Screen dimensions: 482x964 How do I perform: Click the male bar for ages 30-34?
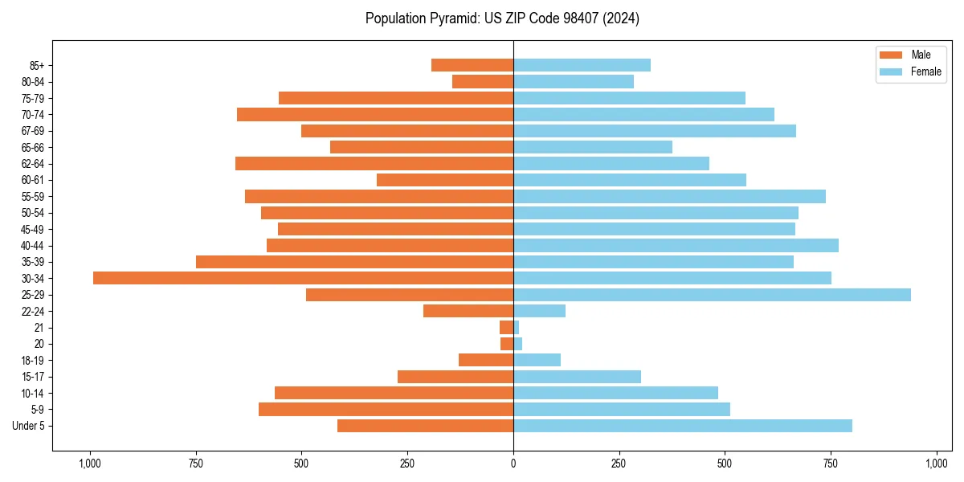pos(303,278)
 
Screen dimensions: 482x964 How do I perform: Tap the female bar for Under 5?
pos(683,426)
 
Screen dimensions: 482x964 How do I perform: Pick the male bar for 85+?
pos(472,65)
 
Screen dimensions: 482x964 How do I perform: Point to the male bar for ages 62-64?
pos(374,163)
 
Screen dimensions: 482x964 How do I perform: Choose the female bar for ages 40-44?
pos(676,245)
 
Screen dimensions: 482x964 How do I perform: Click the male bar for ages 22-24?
pos(468,311)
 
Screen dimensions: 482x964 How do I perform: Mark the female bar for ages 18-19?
pos(537,360)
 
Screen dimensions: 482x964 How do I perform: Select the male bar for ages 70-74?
pos(375,114)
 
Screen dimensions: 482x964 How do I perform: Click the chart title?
pos(502,18)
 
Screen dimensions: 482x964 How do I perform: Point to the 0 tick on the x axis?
pos(513,464)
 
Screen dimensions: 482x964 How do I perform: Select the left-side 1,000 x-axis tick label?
pos(89,464)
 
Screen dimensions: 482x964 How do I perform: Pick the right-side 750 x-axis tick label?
pos(831,464)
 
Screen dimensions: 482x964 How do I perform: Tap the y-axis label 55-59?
pos(33,196)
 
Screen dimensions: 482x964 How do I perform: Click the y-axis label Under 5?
pos(29,426)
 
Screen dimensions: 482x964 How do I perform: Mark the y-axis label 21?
pos(39,328)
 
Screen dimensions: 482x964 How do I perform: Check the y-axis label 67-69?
pos(33,131)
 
